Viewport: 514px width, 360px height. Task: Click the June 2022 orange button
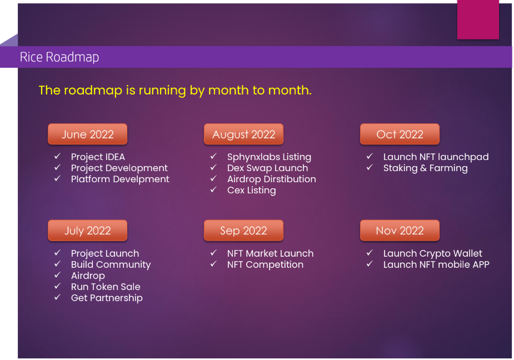pos(88,134)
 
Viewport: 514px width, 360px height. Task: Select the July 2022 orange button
pos(88,231)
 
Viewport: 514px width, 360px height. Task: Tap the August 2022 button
pos(243,134)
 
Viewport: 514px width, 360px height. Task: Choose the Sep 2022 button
pos(243,231)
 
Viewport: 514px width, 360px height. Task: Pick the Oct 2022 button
pos(400,134)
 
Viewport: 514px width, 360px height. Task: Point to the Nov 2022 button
pos(400,231)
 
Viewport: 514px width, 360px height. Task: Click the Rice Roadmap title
pos(59,57)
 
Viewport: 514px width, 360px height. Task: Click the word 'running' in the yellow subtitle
pos(162,91)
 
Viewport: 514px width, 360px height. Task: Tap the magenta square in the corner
pos(478,19)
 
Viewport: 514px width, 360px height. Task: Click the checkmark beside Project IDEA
pos(57,157)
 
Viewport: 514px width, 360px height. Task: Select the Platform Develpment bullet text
pos(120,179)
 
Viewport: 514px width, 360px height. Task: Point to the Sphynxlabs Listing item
pos(269,157)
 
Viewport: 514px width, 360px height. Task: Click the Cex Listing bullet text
pos(251,190)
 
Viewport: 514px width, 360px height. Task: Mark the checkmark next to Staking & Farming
pos(370,168)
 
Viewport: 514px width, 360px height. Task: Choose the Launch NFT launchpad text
pos(436,157)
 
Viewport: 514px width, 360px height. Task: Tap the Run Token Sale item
pos(106,287)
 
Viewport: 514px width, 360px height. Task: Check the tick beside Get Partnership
pos(57,297)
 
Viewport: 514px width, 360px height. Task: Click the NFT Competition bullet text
pos(265,264)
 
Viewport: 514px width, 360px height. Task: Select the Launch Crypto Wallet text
pos(433,253)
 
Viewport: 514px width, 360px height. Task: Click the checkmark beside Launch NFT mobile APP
pos(370,264)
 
